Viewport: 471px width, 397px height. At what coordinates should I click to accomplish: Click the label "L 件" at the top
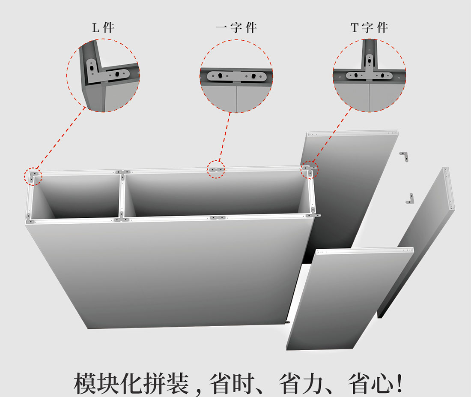[x=103, y=28]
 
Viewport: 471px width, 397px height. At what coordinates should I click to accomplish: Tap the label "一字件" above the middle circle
[x=236, y=28]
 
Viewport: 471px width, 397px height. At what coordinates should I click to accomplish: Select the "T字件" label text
[x=369, y=28]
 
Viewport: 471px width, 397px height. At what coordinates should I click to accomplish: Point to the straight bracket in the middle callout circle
[x=236, y=76]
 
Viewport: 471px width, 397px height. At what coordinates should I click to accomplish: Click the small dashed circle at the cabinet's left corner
[x=33, y=177]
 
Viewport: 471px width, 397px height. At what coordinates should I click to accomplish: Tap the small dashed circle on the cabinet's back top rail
[x=216, y=170]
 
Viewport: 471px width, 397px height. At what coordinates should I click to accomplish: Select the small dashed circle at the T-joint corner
[x=310, y=170]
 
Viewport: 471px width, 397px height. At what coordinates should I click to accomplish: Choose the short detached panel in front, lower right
[x=349, y=298]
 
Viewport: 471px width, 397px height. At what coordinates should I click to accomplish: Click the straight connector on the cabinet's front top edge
[x=218, y=218]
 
